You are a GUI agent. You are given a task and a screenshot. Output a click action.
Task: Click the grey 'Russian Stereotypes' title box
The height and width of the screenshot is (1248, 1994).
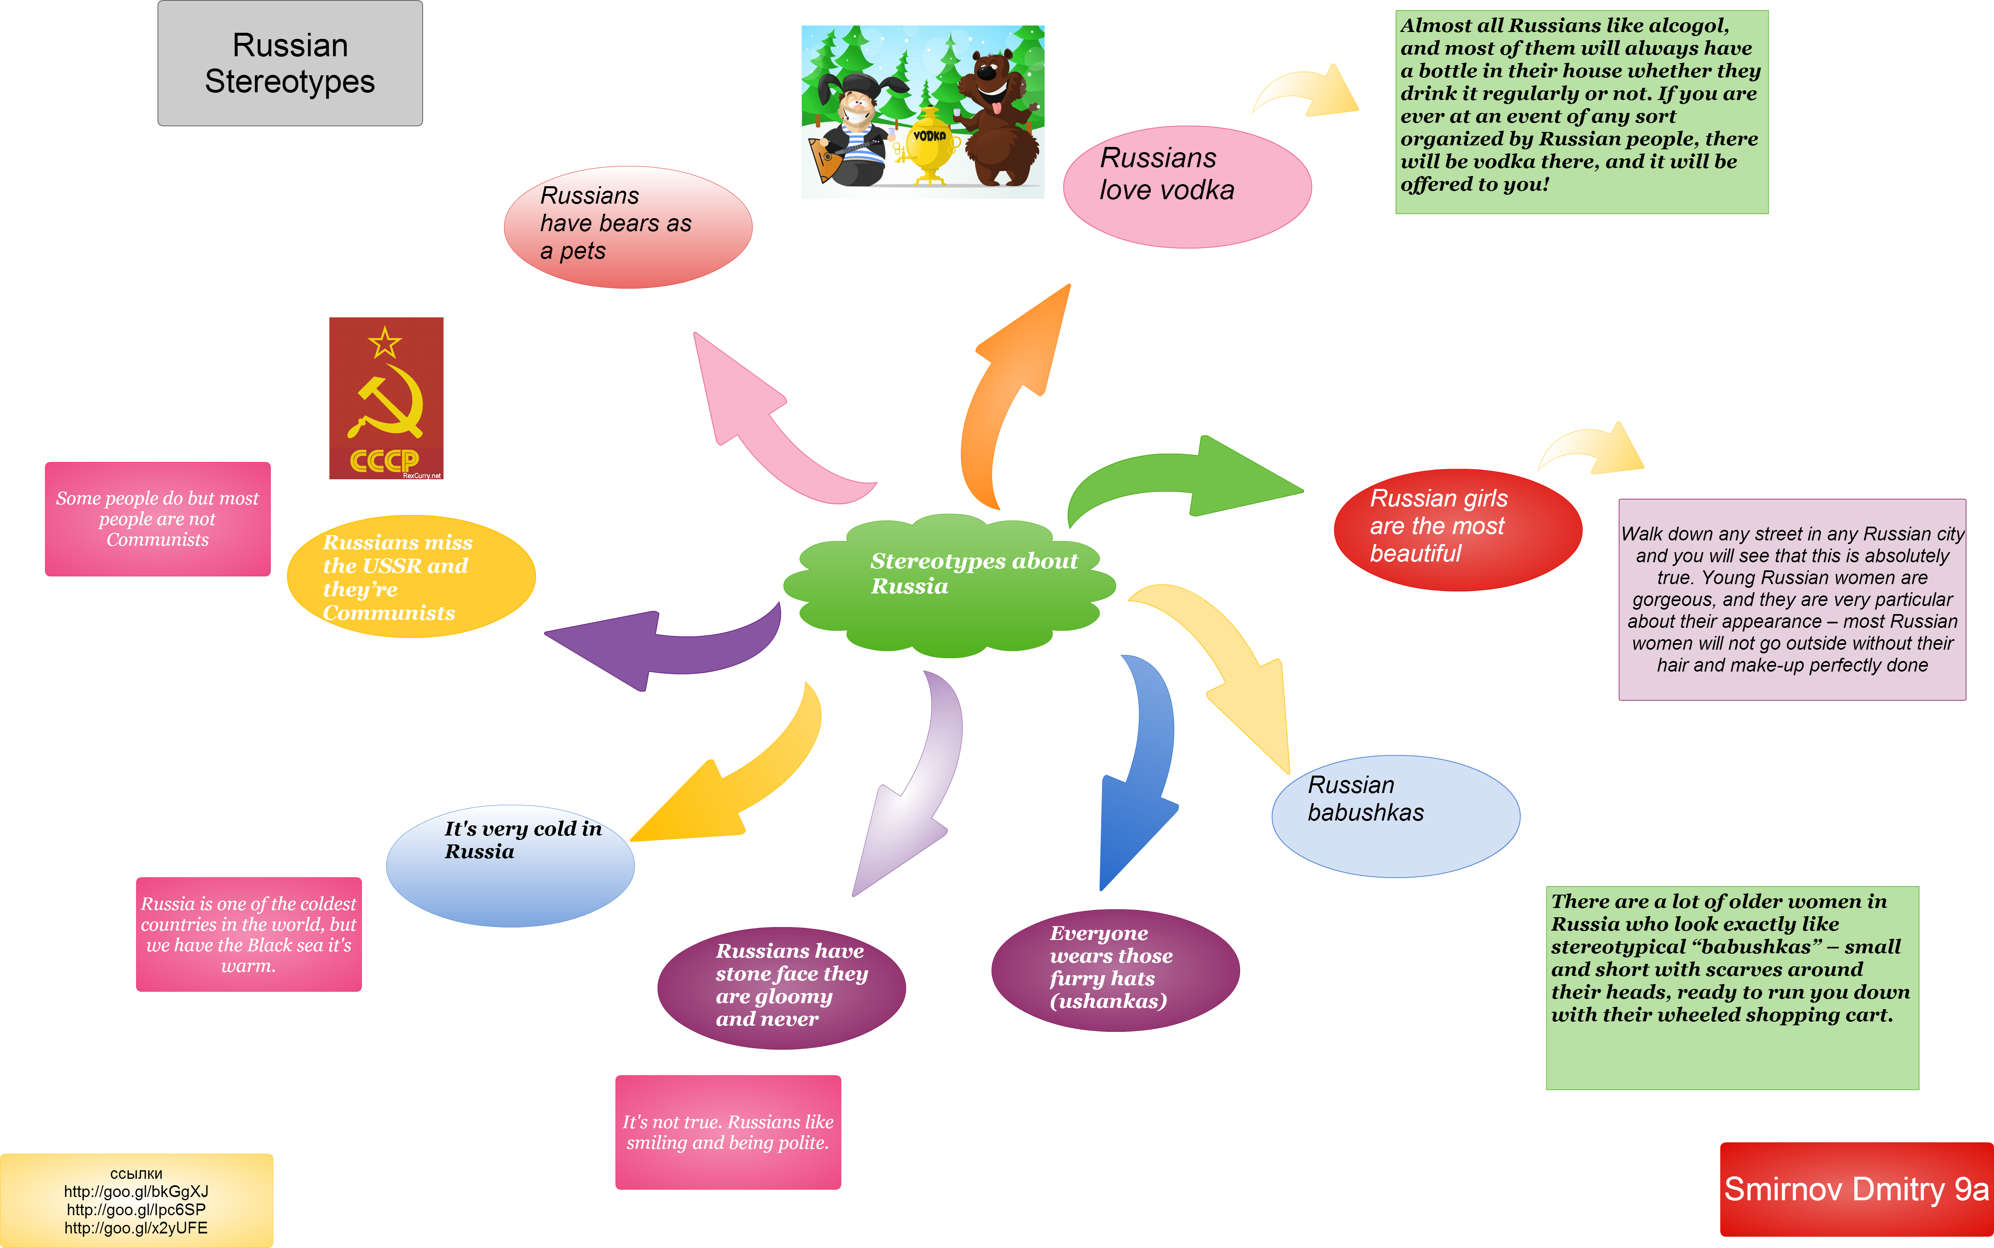pos(290,64)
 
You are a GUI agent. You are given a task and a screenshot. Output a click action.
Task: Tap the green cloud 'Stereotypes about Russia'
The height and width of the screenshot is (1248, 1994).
pos(949,585)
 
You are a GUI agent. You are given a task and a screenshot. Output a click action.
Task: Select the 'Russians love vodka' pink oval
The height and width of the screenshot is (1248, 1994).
pos(1187,187)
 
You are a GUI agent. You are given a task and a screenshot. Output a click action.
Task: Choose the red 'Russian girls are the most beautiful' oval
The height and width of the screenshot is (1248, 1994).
pos(1458,529)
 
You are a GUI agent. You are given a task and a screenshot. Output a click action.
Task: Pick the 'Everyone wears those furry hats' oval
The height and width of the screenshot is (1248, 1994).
pos(1115,970)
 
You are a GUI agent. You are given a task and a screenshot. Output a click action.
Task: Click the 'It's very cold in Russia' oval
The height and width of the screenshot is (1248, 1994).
pos(510,865)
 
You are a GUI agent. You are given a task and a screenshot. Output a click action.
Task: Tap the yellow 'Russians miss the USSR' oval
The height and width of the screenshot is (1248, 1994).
pos(411,576)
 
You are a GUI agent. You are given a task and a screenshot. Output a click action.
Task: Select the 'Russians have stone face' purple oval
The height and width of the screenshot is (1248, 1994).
pos(781,987)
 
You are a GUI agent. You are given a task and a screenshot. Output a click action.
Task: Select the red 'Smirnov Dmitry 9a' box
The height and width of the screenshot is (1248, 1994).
pos(1856,1188)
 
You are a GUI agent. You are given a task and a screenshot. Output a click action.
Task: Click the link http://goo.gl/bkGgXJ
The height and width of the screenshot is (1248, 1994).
pos(136,1191)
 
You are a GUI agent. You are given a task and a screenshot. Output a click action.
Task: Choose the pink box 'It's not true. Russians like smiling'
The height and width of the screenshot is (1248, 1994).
pos(728,1131)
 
